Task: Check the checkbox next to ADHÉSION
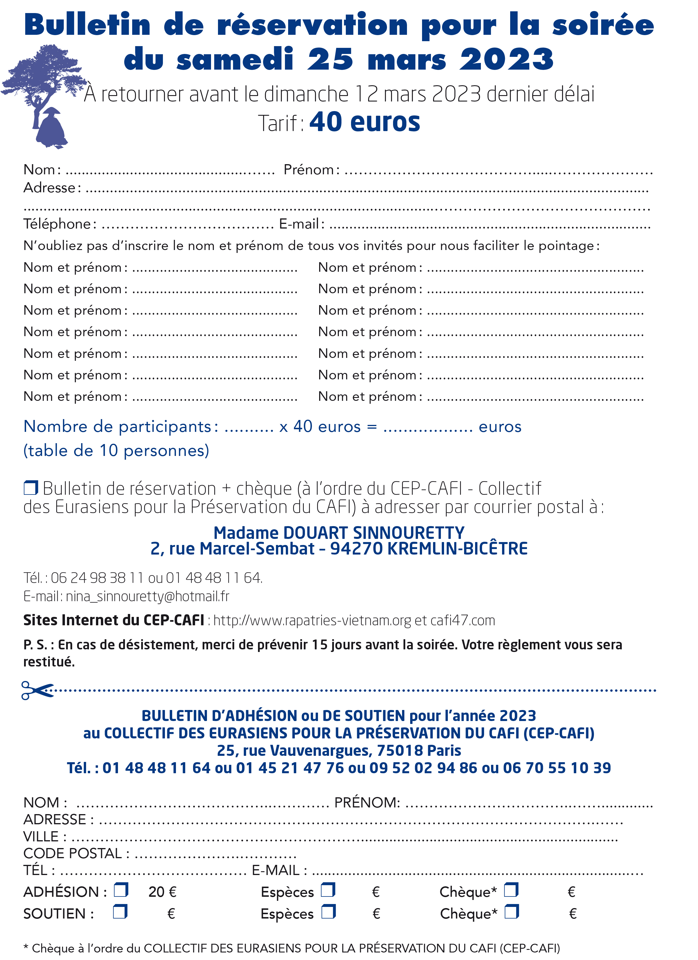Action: [x=121, y=891]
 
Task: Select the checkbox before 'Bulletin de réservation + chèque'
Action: [x=30, y=488]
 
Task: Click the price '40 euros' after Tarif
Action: [x=365, y=122]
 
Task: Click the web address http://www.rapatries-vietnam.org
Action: [x=312, y=621]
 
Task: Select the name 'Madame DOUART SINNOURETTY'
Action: [x=339, y=532]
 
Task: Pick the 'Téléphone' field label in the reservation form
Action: [x=57, y=224]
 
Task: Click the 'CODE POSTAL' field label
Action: [x=73, y=853]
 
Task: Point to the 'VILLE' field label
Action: [x=41, y=836]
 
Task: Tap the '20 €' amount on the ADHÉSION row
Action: [x=162, y=892]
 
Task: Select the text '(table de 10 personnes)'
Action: [x=116, y=450]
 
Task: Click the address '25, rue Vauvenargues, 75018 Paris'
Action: [x=339, y=751]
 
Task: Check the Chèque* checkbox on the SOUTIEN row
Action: [x=511, y=912]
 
